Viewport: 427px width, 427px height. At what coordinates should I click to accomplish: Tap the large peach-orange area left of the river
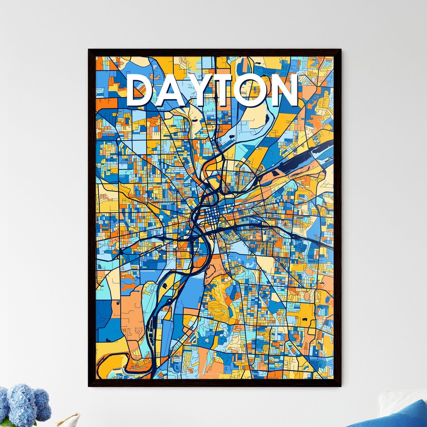point(132,312)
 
